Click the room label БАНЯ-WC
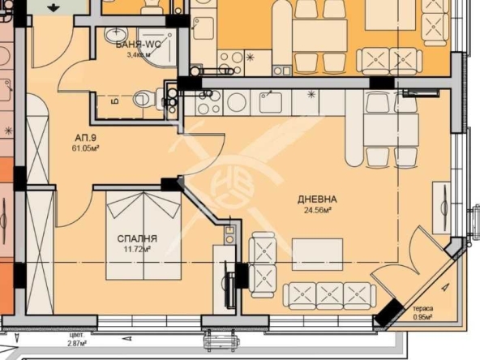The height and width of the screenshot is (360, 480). click(x=137, y=45)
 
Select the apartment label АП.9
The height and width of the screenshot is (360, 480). click(x=85, y=138)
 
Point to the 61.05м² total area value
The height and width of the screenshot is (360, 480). click(x=85, y=149)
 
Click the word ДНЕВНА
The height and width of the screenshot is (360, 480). click(x=317, y=199)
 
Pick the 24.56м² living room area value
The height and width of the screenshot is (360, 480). click(x=317, y=210)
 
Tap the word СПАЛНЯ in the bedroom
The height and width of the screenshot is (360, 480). click(x=137, y=238)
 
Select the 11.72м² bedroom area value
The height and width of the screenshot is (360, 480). click(x=137, y=250)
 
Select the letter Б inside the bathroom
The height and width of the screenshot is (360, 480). click(x=114, y=103)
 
